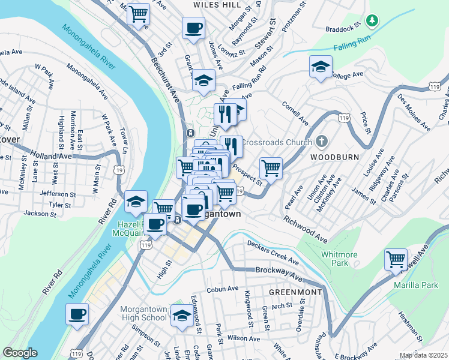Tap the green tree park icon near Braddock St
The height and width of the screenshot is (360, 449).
pos(373,22)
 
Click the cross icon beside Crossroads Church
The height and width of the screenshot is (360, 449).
pos(322,142)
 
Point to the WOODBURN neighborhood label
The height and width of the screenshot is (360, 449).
pos(334,157)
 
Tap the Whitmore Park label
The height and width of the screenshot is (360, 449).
pos(339,259)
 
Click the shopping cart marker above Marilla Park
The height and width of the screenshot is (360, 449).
pos(396,260)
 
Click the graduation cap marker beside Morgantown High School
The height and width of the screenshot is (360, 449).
pos(181,316)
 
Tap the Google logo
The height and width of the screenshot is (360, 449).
pos(20,353)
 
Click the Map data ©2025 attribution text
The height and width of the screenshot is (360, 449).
pos(423,355)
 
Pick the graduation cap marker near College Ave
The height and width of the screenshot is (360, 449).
pos(321,67)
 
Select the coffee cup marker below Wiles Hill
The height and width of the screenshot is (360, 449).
pos(193,28)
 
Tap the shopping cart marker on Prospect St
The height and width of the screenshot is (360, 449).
pos(271,168)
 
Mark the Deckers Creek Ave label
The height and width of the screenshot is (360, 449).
pos(273,252)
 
